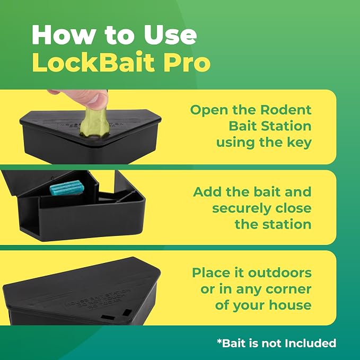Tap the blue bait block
67,188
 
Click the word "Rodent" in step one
286,110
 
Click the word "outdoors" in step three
280,273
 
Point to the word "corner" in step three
288,289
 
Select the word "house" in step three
290,305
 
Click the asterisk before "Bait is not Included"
219,341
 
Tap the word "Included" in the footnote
311,344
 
